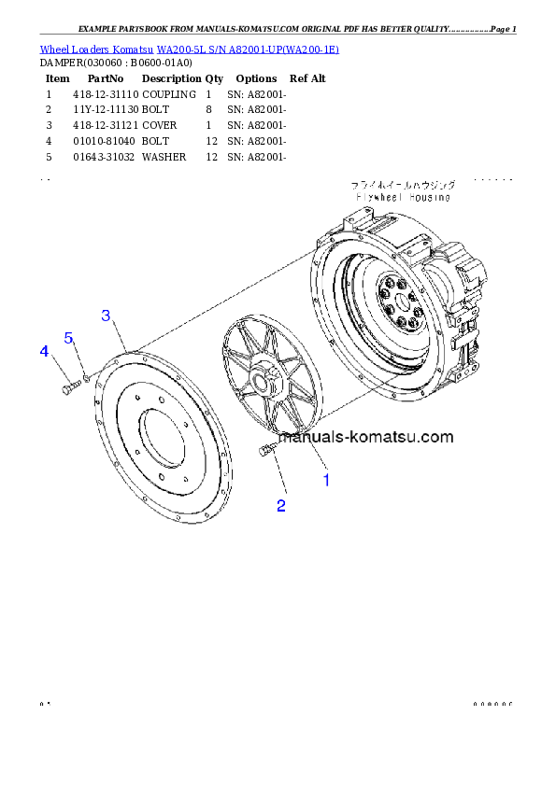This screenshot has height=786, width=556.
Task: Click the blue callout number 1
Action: pyautogui.click(x=326, y=481)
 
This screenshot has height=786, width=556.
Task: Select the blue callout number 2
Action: pyautogui.click(x=280, y=506)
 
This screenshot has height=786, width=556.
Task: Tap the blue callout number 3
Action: pyautogui.click(x=107, y=316)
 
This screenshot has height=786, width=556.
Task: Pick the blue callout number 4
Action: pyautogui.click(x=43, y=351)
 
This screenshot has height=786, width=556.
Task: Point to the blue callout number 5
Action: pyautogui.click(x=69, y=337)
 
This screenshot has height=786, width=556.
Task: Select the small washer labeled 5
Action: pyautogui.click(x=86, y=377)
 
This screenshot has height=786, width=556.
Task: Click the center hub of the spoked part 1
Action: pyautogui.click(x=264, y=381)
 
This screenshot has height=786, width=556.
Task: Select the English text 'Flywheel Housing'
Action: pyautogui.click(x=403, y=198)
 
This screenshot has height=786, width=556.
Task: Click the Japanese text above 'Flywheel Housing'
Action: pyautogui.click(x=403, y=186)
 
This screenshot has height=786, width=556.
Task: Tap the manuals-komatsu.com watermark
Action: pyautogui.click(x=366, y=437)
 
